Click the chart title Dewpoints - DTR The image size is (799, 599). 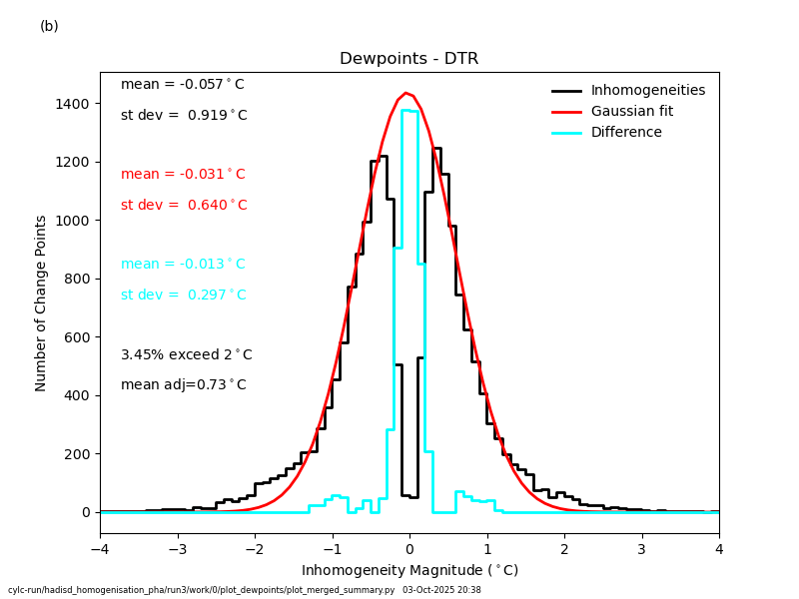coord(408,59)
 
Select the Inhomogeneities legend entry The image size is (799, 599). coord(647,91)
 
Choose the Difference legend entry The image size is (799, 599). coord(626,133)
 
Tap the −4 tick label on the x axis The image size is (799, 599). coord(100,550)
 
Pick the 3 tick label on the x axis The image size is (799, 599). coord(641,550)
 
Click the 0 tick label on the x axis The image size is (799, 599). coord(409,550)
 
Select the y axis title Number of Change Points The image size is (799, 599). coord(42,302)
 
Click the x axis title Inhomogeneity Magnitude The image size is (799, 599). coord(409,571)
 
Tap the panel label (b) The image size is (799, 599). coord(49,27)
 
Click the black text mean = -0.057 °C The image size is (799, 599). coord(183,85)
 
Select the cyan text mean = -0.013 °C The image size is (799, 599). coord(183,265)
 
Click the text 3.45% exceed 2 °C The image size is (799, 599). coord(187,355)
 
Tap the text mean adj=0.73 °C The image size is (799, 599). coord(184,385)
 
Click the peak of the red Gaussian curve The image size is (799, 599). coord(405,94)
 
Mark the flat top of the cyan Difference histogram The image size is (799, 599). coord(409,111)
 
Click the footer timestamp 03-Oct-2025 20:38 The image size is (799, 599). coord(441,591)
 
